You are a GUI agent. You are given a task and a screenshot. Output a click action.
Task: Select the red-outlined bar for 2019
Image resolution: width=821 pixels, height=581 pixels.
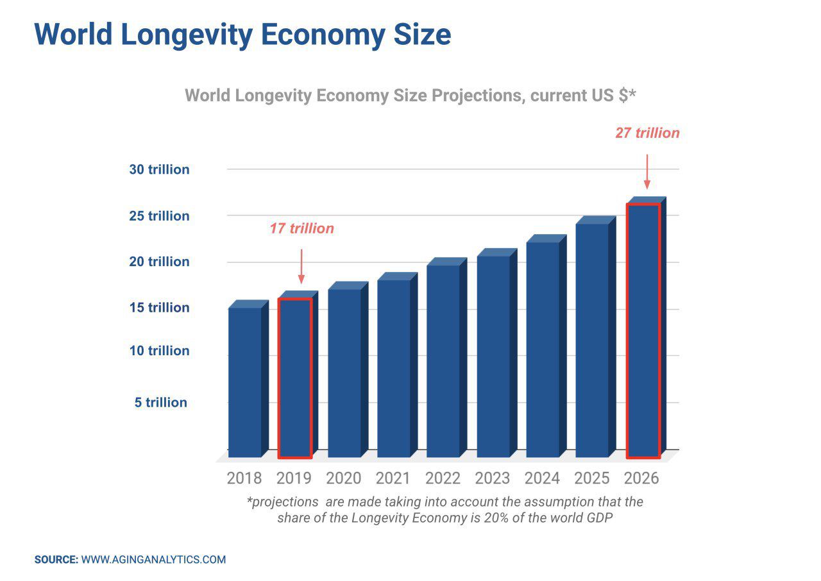point(295,378)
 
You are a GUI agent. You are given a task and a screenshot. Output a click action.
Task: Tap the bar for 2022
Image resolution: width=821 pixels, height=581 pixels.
point(443,360)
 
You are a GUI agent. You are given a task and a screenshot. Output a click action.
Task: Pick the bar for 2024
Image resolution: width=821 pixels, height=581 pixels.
point(543,349)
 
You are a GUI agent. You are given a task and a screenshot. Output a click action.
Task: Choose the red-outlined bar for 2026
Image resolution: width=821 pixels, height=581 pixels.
point(643,330)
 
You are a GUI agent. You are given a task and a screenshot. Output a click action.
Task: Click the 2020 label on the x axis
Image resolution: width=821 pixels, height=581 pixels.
point(344,478)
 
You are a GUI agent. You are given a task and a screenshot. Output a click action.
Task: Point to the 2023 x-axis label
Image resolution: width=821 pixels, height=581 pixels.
point(493,478)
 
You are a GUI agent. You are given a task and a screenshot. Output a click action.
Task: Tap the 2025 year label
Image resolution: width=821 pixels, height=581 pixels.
point(592,478)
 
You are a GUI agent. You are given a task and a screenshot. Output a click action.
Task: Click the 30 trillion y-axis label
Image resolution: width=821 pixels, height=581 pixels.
point(160,170)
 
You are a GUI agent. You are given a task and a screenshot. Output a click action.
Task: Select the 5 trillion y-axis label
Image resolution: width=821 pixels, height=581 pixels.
point(161,403)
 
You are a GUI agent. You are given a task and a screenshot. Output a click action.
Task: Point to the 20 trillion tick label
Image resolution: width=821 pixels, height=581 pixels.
point(160,262)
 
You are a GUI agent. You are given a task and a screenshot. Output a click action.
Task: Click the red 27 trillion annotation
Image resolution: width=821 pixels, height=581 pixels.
point(647,133)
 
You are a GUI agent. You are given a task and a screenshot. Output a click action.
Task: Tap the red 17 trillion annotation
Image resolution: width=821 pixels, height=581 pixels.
point(301,229)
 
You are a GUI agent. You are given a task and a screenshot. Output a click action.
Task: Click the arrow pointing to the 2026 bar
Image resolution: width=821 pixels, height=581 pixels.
point(647,171)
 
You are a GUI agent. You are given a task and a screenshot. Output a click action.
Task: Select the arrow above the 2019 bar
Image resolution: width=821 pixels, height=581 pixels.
point(301,266)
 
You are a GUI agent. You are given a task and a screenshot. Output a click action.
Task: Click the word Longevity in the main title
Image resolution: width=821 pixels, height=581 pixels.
point(187,34)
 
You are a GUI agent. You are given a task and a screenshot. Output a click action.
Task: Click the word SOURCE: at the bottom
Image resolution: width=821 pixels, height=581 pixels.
point(56,560)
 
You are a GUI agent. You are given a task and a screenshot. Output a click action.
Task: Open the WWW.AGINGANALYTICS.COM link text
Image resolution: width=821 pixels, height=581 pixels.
point(154,560)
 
